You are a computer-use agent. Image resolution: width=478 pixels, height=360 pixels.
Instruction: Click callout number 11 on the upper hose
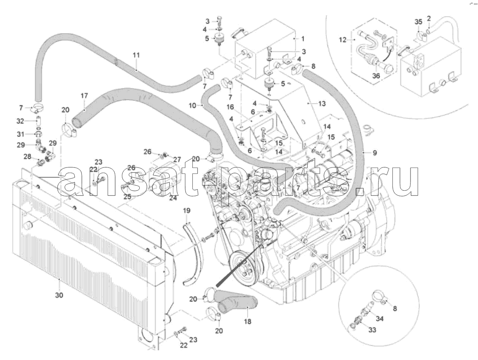click(x=136, y=55)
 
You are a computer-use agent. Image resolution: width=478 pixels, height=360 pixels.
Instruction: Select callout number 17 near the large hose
click(x=84, y=96)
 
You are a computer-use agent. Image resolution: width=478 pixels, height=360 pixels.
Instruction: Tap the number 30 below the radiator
click(x=59, y=295)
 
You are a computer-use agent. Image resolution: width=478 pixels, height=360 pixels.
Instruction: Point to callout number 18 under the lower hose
click(x=248, y=321)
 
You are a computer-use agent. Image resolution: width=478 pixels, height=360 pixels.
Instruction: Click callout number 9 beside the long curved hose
click(x=375, y=152)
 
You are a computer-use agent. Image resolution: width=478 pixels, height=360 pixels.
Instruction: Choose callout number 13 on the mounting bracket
click(x=322, y=104)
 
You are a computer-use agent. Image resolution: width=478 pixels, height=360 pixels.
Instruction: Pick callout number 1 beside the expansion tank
click(x=303, y=39)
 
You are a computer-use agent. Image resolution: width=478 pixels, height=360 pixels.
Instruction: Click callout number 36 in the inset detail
click(x=376, y=76)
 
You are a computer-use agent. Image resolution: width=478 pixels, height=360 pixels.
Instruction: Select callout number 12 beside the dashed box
click(x=343, y=40)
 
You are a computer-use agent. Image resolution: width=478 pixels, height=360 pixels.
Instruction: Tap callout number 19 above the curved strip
click(x=186, y=211)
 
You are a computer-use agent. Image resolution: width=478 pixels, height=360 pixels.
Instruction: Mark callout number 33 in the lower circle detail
click(x=372, y=330)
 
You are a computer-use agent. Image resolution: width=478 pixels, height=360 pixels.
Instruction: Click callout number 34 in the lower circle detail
click(x=380, y=319)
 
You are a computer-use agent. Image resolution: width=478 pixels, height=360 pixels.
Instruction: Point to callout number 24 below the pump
click(x=173, y=198)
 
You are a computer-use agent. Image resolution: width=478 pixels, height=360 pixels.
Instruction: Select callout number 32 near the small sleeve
click(x=20, y=121)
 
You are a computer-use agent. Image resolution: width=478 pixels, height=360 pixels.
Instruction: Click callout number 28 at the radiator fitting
click(x=27, y=157)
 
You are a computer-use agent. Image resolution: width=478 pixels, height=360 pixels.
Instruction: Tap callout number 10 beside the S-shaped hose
click(x=192, y=106)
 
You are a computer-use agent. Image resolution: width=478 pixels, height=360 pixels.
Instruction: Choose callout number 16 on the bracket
click(x=230, y=107)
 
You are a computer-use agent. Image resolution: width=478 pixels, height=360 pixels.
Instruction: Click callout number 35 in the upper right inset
click(x=418, y=22)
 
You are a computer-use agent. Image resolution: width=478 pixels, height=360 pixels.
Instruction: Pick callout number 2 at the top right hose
click(x=429, y=18)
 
